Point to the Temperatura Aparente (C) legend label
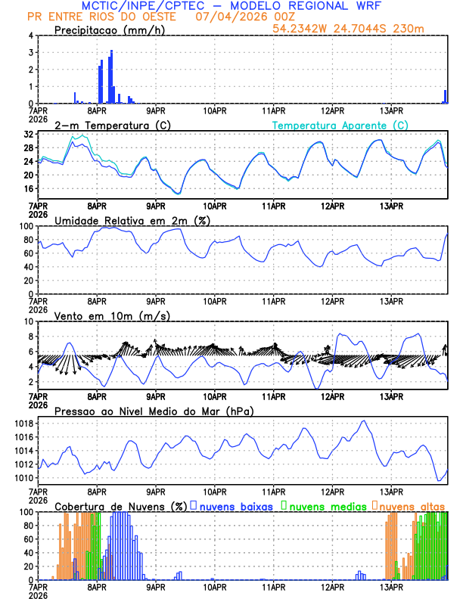tap(340, 125)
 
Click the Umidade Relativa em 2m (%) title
tap(132, 220)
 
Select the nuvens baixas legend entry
tap(235, 506)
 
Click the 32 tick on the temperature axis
tap(29, 134)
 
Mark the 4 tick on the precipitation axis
tap(30, 36)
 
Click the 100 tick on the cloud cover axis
tap(26, 512)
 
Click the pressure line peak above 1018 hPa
tap(364, 421)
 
